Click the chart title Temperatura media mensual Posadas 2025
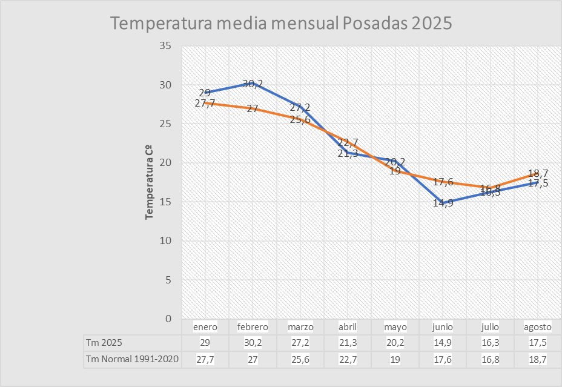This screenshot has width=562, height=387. tap(282, 23)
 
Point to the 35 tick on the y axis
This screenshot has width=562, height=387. tap(165, 46)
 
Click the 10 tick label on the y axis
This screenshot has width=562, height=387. tap(165, 241)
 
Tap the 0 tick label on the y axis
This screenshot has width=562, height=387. tap(168, 319)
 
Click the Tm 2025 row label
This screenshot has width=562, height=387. tap(104, 343)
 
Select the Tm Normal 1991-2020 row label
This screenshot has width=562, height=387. tap(132, 359)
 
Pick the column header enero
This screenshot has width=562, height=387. tap(205, 327)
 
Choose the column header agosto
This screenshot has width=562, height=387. tap(538, 327)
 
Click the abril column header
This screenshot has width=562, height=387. tap(348, 327)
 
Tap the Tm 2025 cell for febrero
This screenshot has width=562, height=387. tap(253, 343)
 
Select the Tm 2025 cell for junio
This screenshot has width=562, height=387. tap(443, 343)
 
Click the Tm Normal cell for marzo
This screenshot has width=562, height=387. tap(300, 359)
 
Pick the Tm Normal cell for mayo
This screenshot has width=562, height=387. tap(395, 359)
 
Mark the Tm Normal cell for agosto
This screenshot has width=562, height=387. tap(538, 359)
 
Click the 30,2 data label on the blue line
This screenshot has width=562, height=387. tap(253, 84)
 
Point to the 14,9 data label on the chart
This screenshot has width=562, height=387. tap(443, 203)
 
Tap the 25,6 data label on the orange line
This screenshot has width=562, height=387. tap(300, 120)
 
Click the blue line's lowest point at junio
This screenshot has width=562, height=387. tap(443, 202)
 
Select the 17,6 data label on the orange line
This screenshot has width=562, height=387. tap(443, 182)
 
